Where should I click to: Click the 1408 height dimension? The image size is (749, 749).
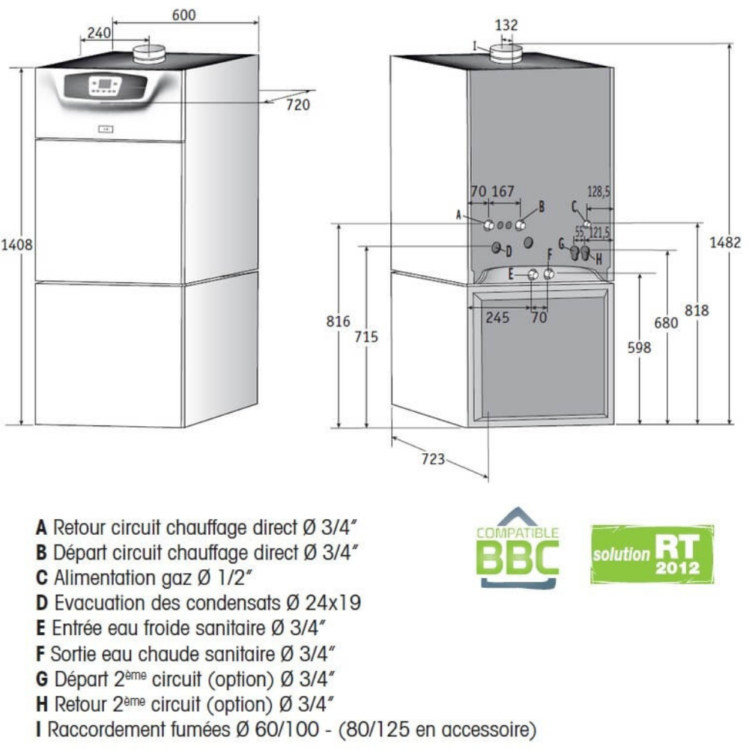(x=16, y=245)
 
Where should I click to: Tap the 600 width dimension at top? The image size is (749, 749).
(x=184, y=15)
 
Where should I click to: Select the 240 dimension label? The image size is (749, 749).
(x=99, y=32)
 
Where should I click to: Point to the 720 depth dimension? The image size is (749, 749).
(x=298, y=105)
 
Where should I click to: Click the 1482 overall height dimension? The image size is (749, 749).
(x=725, y=242)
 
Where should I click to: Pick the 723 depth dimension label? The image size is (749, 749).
(x=433, y=458)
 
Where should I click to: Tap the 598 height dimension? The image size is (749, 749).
(x=639, y=348)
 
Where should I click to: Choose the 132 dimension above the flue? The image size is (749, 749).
(x=506, y=25)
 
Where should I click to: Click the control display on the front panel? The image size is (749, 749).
(x=106, y=85)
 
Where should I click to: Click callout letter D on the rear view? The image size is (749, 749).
(x=509, y=251)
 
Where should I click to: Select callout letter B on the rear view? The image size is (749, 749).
(x=542, y=207)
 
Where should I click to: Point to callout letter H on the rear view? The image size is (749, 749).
(x=598, y=259)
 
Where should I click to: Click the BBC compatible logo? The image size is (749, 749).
(x=518, y=548)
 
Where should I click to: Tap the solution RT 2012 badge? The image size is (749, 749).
(x=652, y=554)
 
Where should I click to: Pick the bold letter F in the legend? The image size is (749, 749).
(x=40, y=653)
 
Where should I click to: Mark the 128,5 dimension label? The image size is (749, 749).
(x=598, y=192)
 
